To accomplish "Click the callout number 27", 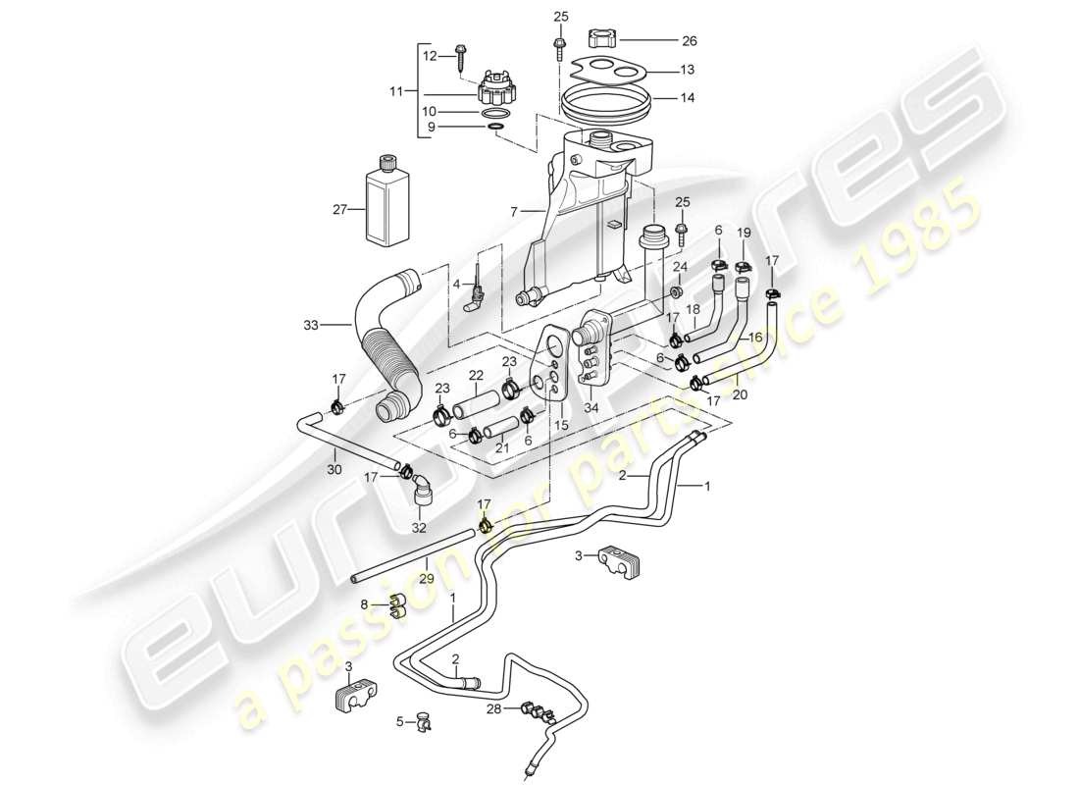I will point(340,208).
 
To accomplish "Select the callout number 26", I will point(689,41).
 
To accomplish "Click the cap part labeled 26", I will point(600,40).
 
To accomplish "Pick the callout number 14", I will point(688,97).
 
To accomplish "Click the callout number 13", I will point(688,70).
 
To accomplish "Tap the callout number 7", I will point(514,211).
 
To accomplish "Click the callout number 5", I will point(400,722).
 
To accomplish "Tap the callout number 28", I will point(493,708).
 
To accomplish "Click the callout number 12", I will point(428,56).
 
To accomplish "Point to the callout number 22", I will point(476,376).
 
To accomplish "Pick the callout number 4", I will point(455,285).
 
